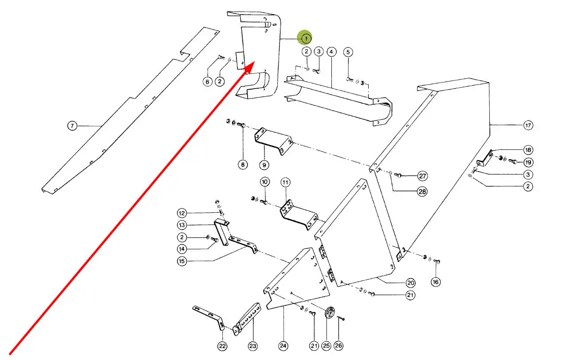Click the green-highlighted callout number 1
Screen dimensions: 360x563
306,39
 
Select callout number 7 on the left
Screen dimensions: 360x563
73,126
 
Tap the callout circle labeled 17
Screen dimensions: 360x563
528,125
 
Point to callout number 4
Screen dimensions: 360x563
331,52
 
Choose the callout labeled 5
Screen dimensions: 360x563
348,52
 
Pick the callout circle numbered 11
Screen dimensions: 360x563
285,182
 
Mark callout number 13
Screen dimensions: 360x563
182,225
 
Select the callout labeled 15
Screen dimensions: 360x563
182,261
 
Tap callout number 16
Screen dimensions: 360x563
435,282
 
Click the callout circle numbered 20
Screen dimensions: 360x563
410,283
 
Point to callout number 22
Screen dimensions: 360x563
222,346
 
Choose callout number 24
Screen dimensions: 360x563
283,346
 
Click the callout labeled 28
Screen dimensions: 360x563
422,192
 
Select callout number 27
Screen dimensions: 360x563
423,176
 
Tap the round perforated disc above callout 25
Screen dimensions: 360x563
329,313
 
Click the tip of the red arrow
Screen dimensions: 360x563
253,62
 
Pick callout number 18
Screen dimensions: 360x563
528,150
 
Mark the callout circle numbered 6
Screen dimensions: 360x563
207,82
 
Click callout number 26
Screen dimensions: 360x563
339,346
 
